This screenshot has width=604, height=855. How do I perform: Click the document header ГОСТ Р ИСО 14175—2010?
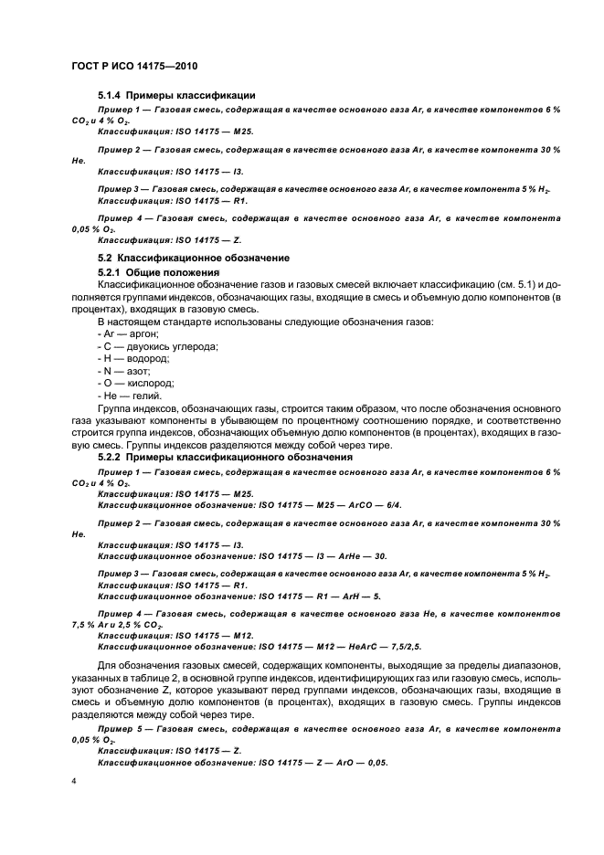134,67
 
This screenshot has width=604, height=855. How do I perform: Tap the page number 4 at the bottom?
74,784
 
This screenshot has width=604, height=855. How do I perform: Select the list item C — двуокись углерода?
156,347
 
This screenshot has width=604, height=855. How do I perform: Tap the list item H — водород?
131,360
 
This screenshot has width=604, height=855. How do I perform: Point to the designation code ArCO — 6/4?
368,504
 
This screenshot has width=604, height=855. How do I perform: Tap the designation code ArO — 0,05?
365,761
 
